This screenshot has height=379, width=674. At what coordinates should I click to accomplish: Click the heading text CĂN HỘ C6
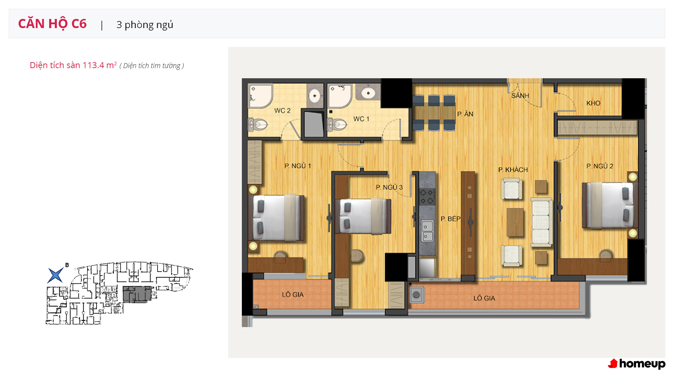coord(52,24)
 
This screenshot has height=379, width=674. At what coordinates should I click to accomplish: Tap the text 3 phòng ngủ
coord(145,25)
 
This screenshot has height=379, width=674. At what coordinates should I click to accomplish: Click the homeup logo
coord(637,364)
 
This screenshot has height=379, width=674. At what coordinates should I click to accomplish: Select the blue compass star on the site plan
coord(55,275)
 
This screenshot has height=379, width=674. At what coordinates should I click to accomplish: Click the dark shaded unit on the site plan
coord(137,294)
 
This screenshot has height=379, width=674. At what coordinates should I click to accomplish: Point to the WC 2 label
coord(282,111)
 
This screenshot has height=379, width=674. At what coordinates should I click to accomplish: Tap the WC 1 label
coord(361,119)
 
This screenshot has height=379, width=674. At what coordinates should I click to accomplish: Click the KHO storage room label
coord(593,103)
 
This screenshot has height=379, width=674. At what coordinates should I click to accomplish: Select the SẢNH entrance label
coord(520,95)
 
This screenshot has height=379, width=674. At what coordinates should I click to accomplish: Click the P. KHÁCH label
coord(513,170)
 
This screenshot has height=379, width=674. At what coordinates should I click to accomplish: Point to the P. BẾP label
coord(451,219)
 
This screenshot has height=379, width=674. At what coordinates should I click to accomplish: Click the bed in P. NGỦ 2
coord(610,205)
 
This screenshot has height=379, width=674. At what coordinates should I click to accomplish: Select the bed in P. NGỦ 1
coord(276,218)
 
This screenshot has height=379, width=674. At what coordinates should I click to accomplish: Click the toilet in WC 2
coord(258,124)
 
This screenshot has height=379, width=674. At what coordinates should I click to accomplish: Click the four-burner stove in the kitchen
coord(427,197)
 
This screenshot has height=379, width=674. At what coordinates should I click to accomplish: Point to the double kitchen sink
coord(427,231)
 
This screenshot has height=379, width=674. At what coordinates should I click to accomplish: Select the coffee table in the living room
coord(515,222)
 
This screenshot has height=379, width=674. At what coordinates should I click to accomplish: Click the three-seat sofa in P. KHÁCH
coord(541,222)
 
